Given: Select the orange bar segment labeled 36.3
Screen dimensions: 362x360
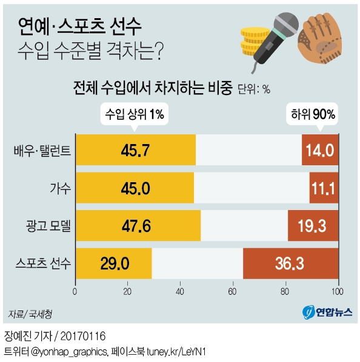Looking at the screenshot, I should tap(290, 263).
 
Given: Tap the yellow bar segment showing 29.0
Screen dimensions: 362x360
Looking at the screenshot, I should tap(113, 263).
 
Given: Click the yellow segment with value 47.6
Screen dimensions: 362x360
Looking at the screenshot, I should tap(138, 226).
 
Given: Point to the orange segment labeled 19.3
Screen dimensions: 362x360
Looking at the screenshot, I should tap(313, 226).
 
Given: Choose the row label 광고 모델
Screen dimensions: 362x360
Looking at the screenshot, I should tap(48, 226).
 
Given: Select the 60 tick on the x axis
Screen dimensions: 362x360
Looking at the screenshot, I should tap(233, 291).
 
